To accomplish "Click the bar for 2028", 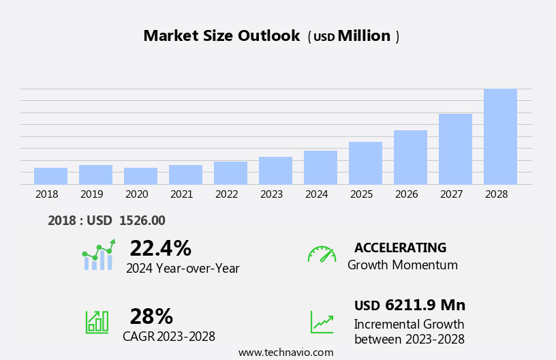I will click(500, 137).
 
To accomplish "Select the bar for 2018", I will click(50, 176).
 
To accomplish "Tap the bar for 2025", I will click(365, 163).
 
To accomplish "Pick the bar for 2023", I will click(275, 170).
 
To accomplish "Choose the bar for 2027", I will click(455, 149).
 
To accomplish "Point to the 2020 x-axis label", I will click(136, 194).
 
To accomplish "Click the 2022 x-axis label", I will click(226, 194).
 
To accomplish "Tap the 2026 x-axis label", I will click(406, 194).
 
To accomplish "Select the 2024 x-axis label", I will click(316, 194).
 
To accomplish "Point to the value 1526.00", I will click(142, 221).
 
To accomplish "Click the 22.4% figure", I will click(160, 248).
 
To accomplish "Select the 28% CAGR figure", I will click(151, 316).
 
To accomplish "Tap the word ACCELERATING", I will click(400, 247).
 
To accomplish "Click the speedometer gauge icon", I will click(322, 254).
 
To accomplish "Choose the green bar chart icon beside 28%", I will click(97, 321).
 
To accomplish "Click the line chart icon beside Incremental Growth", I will click(322, 322).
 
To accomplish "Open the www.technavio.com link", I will click(285, 352).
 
